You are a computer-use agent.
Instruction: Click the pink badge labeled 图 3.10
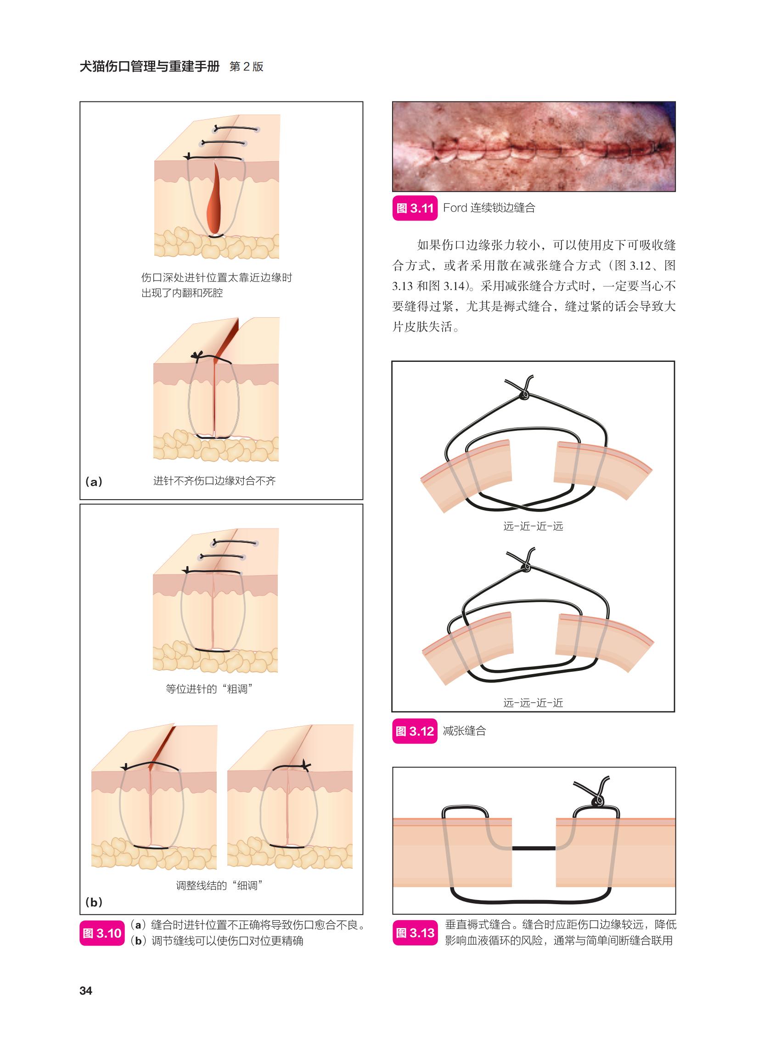coord(102,933)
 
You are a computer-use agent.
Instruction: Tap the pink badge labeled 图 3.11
coord(415,208)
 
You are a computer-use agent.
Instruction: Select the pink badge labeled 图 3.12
coord(415,731)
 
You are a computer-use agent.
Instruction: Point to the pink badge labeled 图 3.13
coord(415,933)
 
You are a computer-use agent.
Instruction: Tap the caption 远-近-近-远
coord(533,526)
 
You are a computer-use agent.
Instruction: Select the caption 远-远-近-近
coord(533,703)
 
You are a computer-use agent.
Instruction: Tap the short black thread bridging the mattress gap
coord(534,848)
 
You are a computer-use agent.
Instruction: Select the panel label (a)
coord(94,482)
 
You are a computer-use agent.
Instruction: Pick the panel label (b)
coord(94,902)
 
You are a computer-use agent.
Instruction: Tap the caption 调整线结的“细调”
coord(219,885)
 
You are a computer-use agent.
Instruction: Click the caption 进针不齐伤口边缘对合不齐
coord(214,481)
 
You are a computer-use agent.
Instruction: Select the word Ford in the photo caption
coord(455,208)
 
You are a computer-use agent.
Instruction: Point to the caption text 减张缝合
coord(464,731)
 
